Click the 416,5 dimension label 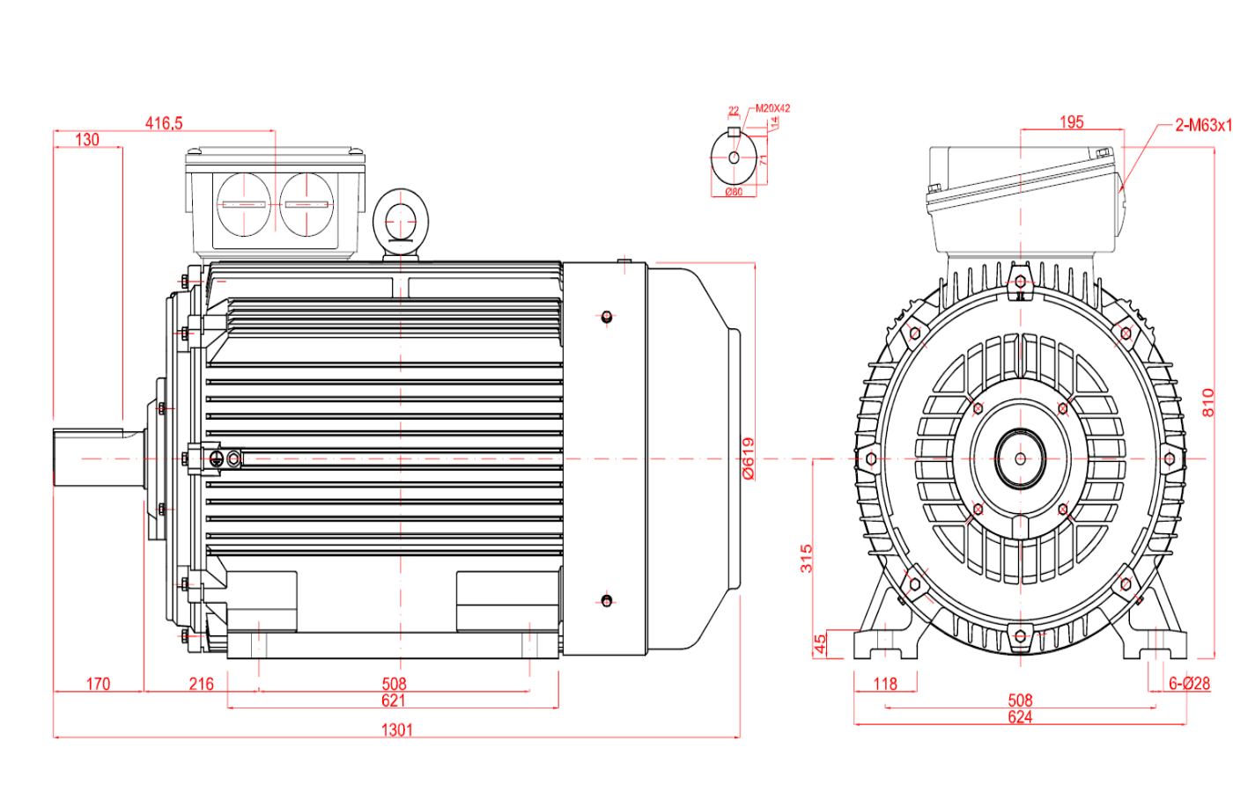(x=164, y=123)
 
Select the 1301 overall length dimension (x=396, y=730)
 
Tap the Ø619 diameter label (x=749, y=458)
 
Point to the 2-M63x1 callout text (x=1203, y=125)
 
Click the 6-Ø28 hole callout (x=1189, y=683)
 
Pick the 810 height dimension (x=1207, y=402)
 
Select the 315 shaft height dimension (x=807, y=558)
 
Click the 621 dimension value (x=394, y=700)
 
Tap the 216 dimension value (x=201, y=684)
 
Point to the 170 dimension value (x=98, y=684)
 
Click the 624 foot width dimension (x=1020, y=717)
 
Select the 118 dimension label (x=885, y=684)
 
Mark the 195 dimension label (x=1072, y=122)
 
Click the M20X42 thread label (x=773, y=108)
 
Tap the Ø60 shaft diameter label (x=734, y=192)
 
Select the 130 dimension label (x=87, y=140)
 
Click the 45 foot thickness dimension (x=821, y=644)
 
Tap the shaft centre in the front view (x=1020, y=458)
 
